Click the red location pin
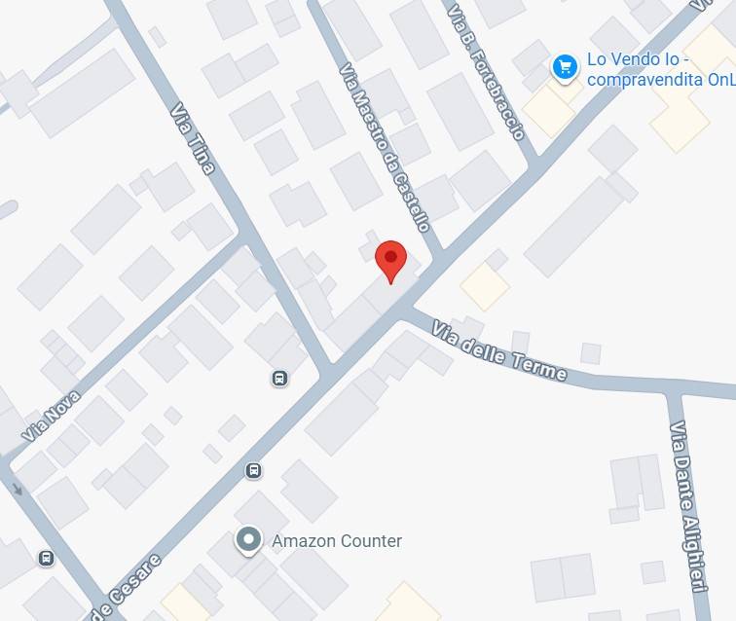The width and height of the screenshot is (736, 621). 390,259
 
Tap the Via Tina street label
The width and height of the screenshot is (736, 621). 193,139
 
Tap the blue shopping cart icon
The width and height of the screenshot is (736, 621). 565,67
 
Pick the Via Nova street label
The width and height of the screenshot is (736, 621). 51,417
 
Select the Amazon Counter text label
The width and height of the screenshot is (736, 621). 336,541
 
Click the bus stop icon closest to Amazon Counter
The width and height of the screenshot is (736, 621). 253,471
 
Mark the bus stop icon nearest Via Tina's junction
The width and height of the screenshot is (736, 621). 279,379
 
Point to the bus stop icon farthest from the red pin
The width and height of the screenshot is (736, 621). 45,558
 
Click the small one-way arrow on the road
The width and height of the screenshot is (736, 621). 17,486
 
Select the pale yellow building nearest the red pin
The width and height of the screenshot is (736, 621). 484,286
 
